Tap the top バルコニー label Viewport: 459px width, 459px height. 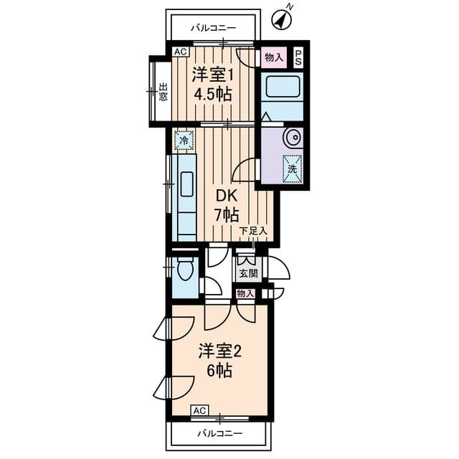coord(213,29)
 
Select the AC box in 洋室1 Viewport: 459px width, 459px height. coord(179,51)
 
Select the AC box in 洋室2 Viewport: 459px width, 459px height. coord(199,410)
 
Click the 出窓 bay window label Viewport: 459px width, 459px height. coord(163,94)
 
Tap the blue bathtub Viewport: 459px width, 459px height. coord(283,90)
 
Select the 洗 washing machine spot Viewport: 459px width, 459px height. coord(292,169)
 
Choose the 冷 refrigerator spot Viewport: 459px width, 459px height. coord(184,141)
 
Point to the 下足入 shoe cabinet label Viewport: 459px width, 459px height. coord(252,231)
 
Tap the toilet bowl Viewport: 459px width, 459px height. coord(184,271)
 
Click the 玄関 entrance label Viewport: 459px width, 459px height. coord(248,273)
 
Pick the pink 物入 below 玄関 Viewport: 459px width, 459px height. coord(245,294)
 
